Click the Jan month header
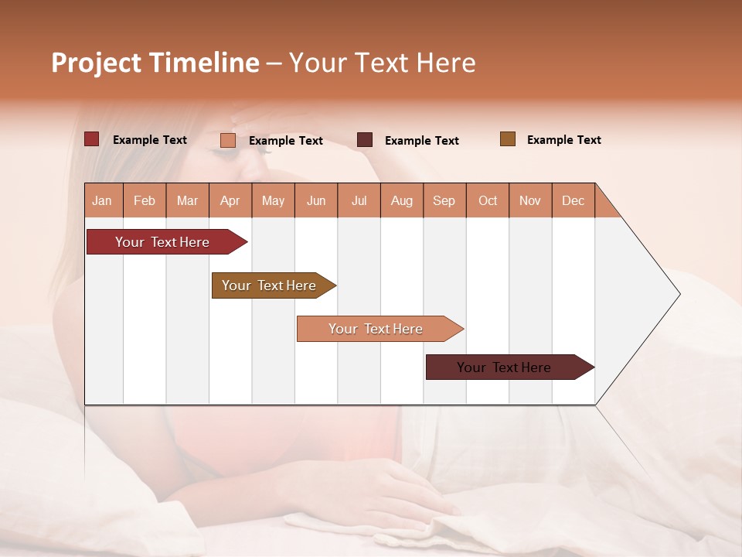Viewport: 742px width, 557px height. coord(103,200)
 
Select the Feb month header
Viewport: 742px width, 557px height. coord(145,200)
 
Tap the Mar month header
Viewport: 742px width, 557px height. coord(187,200)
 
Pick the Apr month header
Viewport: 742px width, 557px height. coord(230,200)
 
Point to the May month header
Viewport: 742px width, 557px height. coord(273,200)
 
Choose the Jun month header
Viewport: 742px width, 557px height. coord(316,200)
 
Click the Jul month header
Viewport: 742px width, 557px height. coord(359,200)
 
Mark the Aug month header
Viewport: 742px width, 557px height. coord(402,200)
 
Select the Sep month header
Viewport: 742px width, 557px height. coord(444,200)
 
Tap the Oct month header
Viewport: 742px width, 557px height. coord(488,200)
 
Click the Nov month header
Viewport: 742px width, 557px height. coord(530,200)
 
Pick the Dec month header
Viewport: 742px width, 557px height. coord(574,200)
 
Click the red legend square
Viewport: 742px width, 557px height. coord(91,139)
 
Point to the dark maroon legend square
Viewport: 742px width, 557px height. coord(365,140)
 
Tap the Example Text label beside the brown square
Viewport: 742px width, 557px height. coord(563,140)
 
